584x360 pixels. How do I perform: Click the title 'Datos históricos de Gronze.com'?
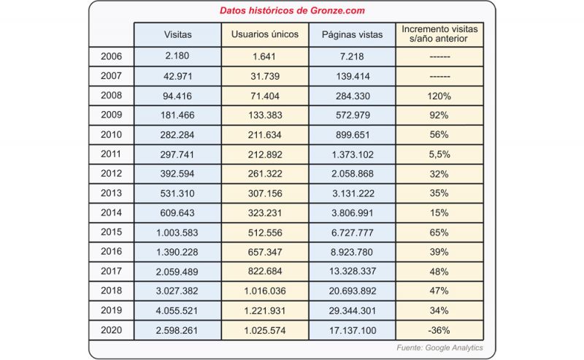[x=292, y=10]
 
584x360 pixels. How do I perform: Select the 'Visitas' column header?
[x=177, y=34]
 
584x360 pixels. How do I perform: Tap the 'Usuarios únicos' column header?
[x=265, y=34]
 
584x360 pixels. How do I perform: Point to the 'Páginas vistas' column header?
[x=352, y=34]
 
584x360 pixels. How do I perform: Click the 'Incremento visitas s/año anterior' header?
[x=439, y=34]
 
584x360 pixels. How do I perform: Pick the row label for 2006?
[x=112, y=56]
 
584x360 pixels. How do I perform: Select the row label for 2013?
[x=112, y=193]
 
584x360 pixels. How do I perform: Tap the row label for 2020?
[x=112, y=330]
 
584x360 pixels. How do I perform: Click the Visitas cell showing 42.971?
[x=177, y=77]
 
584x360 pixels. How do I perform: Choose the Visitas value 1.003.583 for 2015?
[x=177, y=232]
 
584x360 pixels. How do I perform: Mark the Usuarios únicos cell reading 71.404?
[x=265, y=96]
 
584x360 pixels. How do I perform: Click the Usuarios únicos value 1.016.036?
[x=265, y=291]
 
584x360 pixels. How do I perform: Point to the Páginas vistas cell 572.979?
[x=353, y=115]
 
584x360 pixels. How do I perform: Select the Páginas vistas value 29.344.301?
[x=353, y=310]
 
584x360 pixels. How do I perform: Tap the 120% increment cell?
[x=439, y=96]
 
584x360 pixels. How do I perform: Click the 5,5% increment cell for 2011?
[x=439, y=154]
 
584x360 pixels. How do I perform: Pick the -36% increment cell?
[x=439, y=330]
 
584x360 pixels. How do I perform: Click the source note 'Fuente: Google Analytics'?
[x=439, y=348]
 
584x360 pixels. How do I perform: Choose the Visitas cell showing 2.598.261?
[x=177, y=330]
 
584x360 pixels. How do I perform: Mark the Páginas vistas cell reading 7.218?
[x=352, y=57]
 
